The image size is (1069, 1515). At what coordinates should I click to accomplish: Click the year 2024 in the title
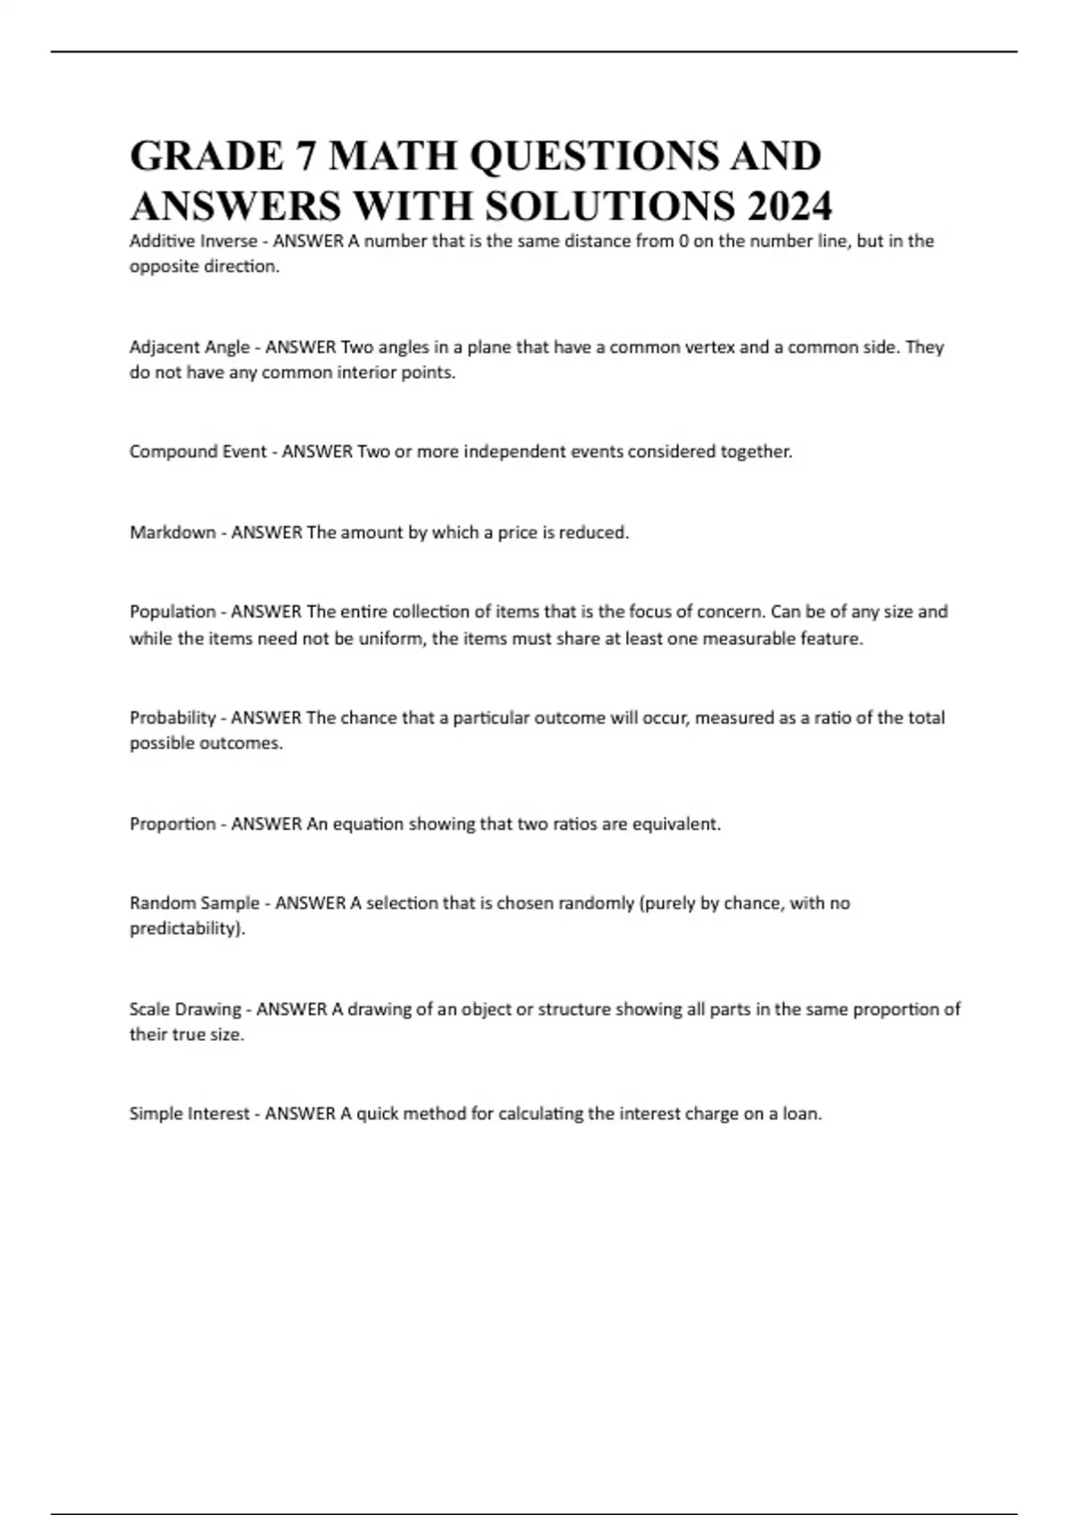(x=789, y=206)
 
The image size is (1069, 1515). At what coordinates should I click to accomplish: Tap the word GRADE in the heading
(x=206, y=156)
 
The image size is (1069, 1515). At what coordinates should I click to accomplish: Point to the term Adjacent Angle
(x=189, y=347)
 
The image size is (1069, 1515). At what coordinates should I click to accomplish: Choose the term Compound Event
(x=198, y=452)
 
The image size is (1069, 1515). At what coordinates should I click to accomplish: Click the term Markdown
(x=172, y=532)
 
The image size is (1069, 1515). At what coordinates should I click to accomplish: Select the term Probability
(x=172, y=717)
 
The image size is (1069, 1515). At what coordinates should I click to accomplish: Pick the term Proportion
(x=172, y=823)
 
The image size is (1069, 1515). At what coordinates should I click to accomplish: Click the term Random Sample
(x=194, y=903)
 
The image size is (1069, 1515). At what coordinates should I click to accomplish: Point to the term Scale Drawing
(x=184, y=1009)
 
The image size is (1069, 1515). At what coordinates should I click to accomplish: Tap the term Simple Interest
(x=189, y=1113)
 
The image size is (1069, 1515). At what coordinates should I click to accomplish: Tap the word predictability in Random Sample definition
(x=184, y=929)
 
